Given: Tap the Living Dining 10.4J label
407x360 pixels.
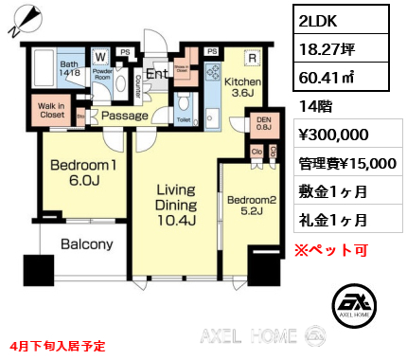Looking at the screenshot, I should click(175, 204).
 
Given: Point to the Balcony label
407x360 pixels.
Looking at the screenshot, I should click(87, 244).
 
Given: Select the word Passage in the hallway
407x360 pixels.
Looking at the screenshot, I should click(125, 116).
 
